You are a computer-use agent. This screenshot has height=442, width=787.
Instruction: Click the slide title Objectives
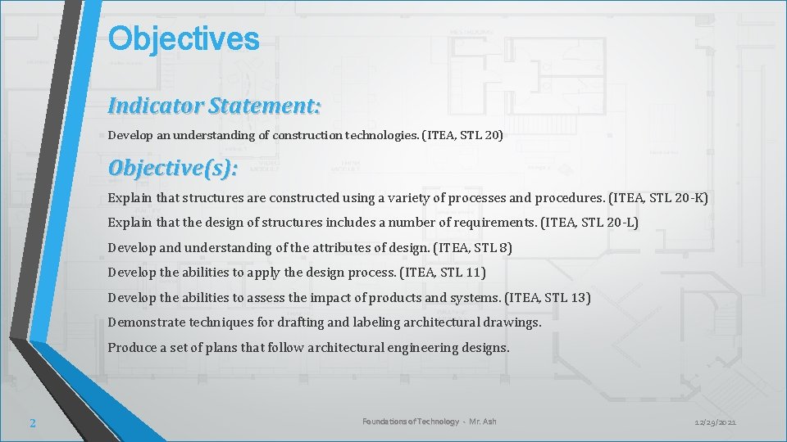(x=184, y=38)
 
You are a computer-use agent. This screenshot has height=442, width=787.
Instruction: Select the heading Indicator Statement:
(x=214, y=106)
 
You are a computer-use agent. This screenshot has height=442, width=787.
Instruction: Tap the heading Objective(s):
(x=173, y=168)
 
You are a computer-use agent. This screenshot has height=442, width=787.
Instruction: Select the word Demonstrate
(x=146, y=322)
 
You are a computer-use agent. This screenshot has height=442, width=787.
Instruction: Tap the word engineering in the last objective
(x=418, y=348)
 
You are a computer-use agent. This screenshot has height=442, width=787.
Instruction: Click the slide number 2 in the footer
(x=32, y=422)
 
